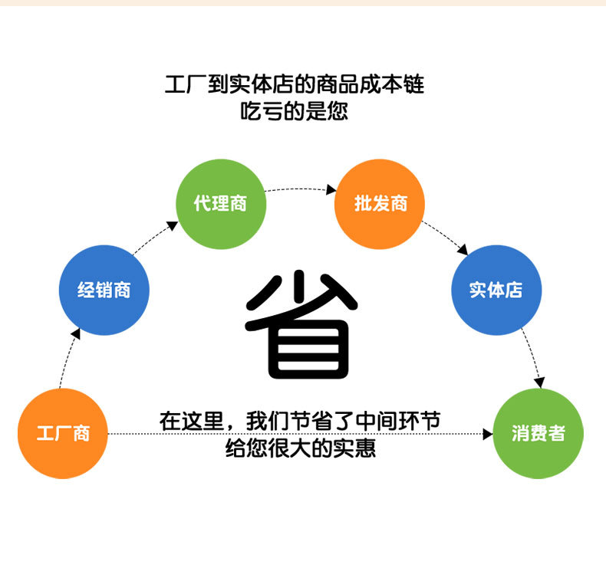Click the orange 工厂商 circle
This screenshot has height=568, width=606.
tap(63, 434)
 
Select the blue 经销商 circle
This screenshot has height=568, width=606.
tap(104, 290)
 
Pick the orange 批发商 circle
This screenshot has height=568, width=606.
tap(380, 204)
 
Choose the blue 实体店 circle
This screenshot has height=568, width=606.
tap(496, 290)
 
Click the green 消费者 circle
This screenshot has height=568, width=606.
tap(538, 434)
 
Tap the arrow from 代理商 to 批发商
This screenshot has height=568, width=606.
tap(301, 188)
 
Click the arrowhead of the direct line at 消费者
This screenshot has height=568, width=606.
tap(487, 435)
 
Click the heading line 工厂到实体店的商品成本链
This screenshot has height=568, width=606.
tap(295, 84)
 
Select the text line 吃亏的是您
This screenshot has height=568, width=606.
tap(295, 110)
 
